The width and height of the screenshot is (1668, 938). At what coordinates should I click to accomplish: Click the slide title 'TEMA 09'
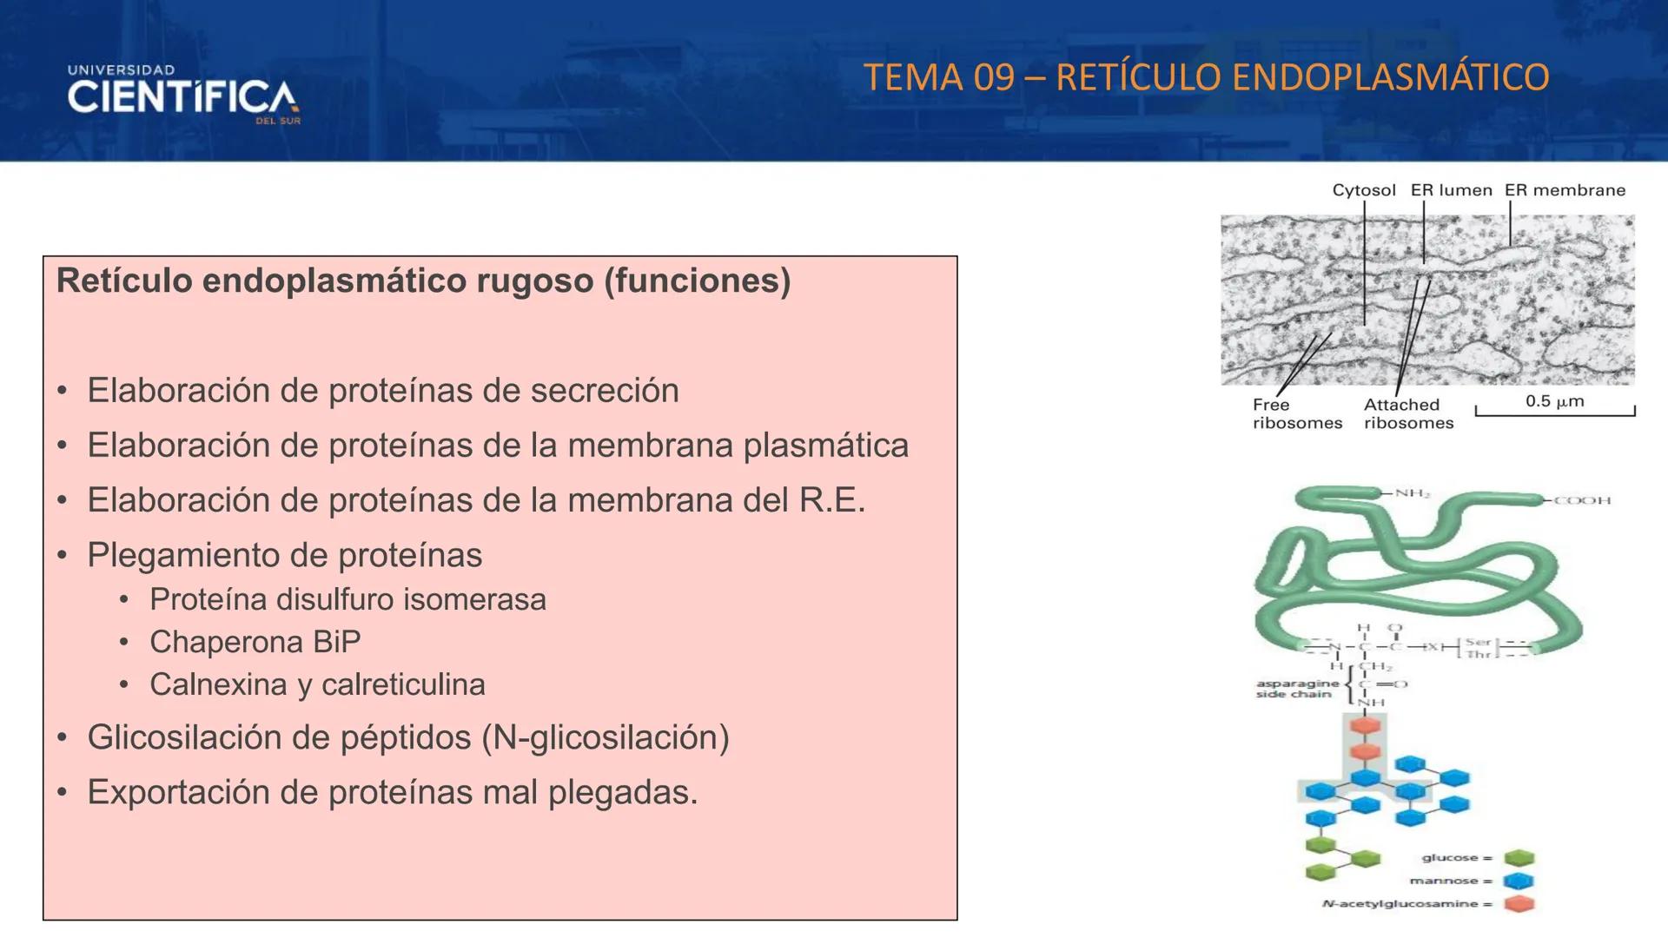pos(939,77)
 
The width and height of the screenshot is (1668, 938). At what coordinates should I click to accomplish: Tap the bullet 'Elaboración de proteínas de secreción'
pos(383,391)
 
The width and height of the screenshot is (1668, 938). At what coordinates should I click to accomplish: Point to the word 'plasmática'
pos(825,446)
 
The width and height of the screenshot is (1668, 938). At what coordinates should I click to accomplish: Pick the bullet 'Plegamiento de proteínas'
pos(284,555)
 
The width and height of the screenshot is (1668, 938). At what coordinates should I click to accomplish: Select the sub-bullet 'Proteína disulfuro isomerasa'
pos(347,599)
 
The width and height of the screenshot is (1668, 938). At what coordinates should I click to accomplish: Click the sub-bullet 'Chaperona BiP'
pos(255,642)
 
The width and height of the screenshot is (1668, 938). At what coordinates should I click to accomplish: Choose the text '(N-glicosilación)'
pos(606,737)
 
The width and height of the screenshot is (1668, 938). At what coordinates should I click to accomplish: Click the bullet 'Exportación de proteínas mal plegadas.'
pos(393,792)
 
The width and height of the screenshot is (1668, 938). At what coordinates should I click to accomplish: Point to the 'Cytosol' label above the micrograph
pos(1364,190)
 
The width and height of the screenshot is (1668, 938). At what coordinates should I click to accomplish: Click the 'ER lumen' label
pos(1451,190)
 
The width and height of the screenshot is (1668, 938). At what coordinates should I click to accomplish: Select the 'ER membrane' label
pos(1565,190)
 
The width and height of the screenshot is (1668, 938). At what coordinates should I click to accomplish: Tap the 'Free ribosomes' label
pos(1296,414)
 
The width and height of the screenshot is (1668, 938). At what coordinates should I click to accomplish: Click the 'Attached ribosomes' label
pos(1407,414)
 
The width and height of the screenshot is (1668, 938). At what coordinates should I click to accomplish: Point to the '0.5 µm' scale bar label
pos(1554,401)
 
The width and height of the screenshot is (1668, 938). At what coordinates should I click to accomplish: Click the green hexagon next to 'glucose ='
pos(1519,858)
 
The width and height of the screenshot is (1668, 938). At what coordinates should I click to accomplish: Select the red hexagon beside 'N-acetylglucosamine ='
pos(1519,904)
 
